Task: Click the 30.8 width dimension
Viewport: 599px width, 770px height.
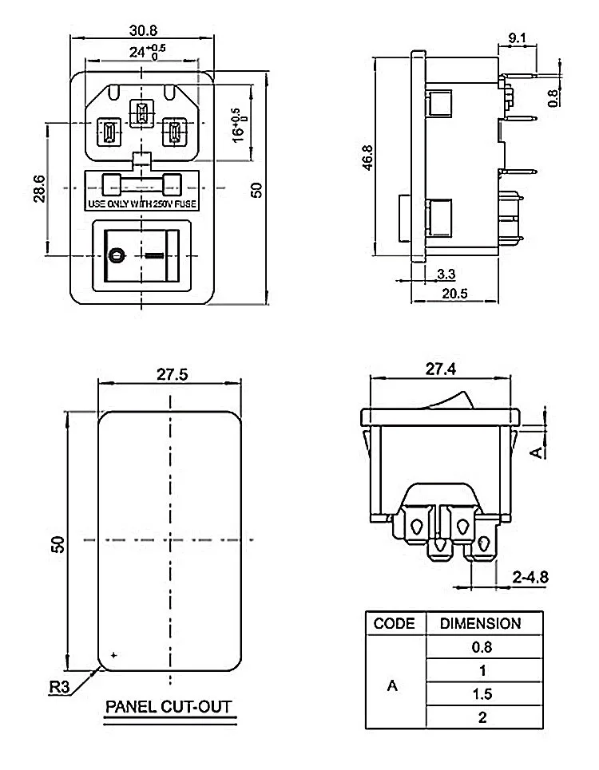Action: pyautogui.click(x=143, y=30)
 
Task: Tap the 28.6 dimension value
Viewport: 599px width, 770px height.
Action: pyautogui.click(x=39, y=189)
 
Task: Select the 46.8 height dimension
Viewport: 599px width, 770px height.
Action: pyautogui.click(x=367, y=158)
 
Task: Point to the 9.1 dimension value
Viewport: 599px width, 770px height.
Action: pyautogui.click(x=517, y=38)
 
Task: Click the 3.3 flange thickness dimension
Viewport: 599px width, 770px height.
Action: pyautogui.click(x=446, y=274)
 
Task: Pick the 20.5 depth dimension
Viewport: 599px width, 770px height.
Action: pyautogui.click(x=454, y=294)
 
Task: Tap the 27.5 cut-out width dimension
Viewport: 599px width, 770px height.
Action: pyautogui.click(x=172, y=375)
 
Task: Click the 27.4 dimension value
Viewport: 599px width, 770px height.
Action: pyautogui.click(x=441, y=369)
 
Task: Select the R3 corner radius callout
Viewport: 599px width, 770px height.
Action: pyautogui.click(x=59, y=687)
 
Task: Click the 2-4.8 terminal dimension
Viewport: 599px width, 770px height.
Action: pyautogui.click(x=530, y=577)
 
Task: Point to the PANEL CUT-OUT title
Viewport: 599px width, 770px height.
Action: pyautogui.click(x=169, y=707)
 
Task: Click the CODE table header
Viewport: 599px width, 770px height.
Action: pyautogui.click(x=394, y=624)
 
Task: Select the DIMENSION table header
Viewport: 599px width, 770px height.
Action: pyautogui.click(x=481, y=624)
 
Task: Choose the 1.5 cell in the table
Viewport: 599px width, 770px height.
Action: pyautogui.click(x=482, y=694)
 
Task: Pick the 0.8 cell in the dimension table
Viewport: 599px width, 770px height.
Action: pyautogui.click(x=482, y=647)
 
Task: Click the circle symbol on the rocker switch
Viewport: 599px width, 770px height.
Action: pyautogui.click(x=117, y=255)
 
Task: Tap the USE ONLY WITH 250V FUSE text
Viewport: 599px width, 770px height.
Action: pyautogui.click(x=142, y=203)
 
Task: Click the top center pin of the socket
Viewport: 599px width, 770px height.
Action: pyautogui.click(x=142, y=113)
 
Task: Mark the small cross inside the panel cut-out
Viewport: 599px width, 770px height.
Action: pyautogui.click(x=114, y=654)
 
